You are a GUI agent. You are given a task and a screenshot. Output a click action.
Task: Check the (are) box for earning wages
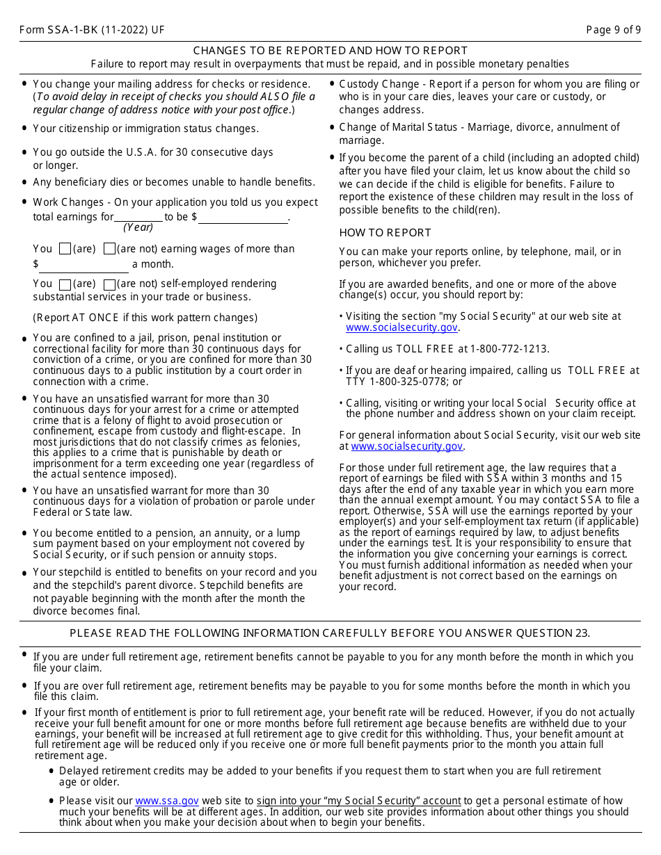(65, 249)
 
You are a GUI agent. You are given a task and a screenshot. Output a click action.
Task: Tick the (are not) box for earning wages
(109, 249)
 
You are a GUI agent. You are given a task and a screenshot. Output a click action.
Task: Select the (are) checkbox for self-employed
(65, 284)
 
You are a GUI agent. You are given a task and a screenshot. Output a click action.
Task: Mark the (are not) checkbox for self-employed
(109, 284)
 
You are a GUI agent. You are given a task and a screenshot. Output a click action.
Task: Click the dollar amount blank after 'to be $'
(244, 217)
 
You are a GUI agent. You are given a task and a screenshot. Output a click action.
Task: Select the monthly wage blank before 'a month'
(84, 265)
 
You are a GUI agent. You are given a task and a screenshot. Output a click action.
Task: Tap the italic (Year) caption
(138, 227)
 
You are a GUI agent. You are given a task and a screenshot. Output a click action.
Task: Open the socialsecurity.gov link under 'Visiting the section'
(401, 327)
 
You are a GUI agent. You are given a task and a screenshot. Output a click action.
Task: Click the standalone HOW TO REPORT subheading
(385, 233)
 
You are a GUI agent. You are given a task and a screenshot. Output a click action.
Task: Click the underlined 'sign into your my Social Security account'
(358, 801)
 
